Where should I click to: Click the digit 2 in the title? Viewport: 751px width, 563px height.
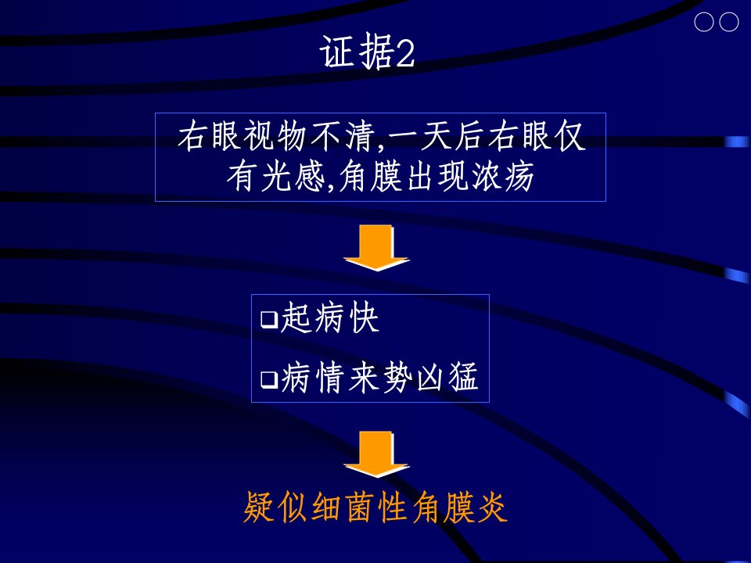click(404, 53)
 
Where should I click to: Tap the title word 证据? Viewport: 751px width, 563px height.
click(357, 52)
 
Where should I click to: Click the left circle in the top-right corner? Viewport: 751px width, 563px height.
click(703, 22)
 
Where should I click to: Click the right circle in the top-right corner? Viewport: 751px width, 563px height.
click(729, 22)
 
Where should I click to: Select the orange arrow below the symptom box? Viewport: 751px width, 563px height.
click(376, 248)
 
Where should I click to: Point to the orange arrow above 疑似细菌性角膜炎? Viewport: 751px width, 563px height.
click(376, 454)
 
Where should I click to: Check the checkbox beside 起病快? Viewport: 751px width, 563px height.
click(269, 319)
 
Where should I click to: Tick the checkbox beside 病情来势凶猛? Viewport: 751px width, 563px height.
click(269, 379)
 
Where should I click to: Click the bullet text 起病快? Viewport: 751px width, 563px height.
click(329, 317)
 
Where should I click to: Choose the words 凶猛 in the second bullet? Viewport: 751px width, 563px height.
click(447, 377)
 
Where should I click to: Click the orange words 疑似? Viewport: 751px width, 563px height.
click(275, 507)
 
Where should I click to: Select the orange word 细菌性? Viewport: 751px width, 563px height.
click(360, 507)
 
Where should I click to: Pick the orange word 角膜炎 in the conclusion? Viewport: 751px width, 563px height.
click(460, 507)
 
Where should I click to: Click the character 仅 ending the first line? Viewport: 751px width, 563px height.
click(570, 136)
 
